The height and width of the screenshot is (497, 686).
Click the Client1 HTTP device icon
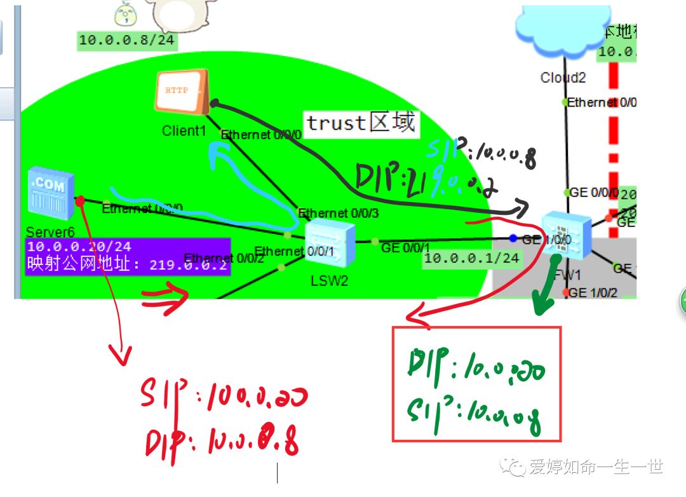pos(182,93)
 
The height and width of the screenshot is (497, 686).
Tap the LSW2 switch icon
pos(329,244)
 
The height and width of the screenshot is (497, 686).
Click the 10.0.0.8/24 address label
pos(126,40)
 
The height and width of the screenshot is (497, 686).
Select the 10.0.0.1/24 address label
pos(472,257)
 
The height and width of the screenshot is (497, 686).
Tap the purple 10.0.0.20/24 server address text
pos(79,247)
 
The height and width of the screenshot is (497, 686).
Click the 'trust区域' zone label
pos(361,122)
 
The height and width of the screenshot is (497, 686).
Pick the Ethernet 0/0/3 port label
pos(338,213)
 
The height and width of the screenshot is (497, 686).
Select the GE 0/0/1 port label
pos(405,247)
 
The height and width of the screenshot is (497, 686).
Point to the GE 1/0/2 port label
pos(593,292)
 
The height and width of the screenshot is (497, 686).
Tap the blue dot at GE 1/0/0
pos(513,238)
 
